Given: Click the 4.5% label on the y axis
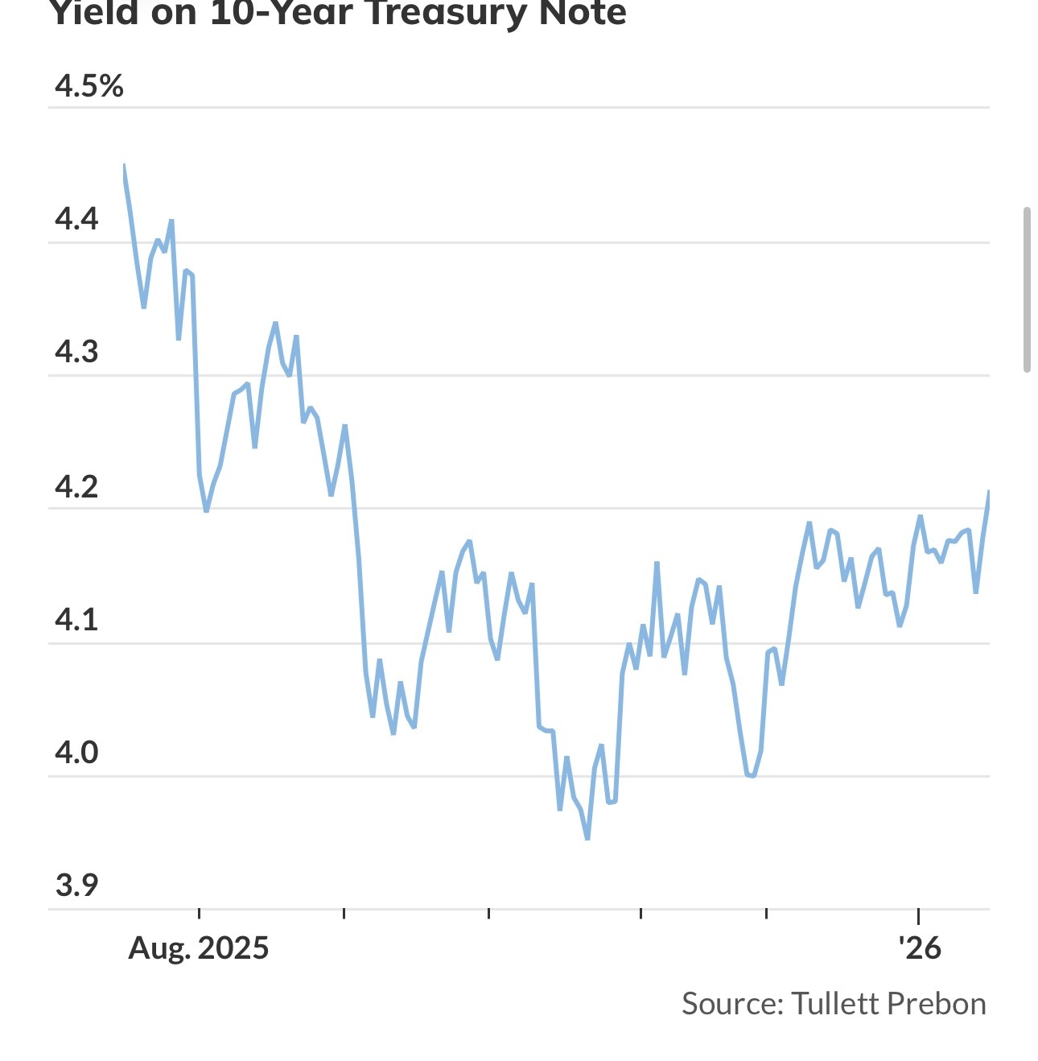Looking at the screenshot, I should pyautogui.click(x=89, y=85).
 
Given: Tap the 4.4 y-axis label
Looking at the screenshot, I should pyautogui.click(x=76, y=218).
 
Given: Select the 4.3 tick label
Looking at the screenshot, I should pyautogui.click(x=76, y=352).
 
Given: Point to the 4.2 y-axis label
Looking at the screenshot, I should pyautogui.click(x=76, y=486).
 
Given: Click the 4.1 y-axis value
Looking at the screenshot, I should pyautogui.click(x=76, y=619).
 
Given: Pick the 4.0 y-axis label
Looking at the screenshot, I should pyautogui.click(x=76, y=752).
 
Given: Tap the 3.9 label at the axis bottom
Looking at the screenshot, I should pyautogui.click(x=76, y=885).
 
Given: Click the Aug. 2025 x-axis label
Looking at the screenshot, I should pyautogui.click(x=198, y=947).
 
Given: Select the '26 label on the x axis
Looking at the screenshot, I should pyautogui.click(x=920, y=947).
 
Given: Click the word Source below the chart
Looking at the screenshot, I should pyautogui.click(x=731, y=1004).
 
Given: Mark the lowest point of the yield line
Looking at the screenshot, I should pyautogui.click(x=587, y=839).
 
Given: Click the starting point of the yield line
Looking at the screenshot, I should pyautogui.click(x=124, y=165).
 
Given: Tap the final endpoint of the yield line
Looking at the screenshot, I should pyautogui.click(x=989, y=491).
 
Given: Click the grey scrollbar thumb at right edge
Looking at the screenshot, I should pyautogui.click(x=1027, y=290).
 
